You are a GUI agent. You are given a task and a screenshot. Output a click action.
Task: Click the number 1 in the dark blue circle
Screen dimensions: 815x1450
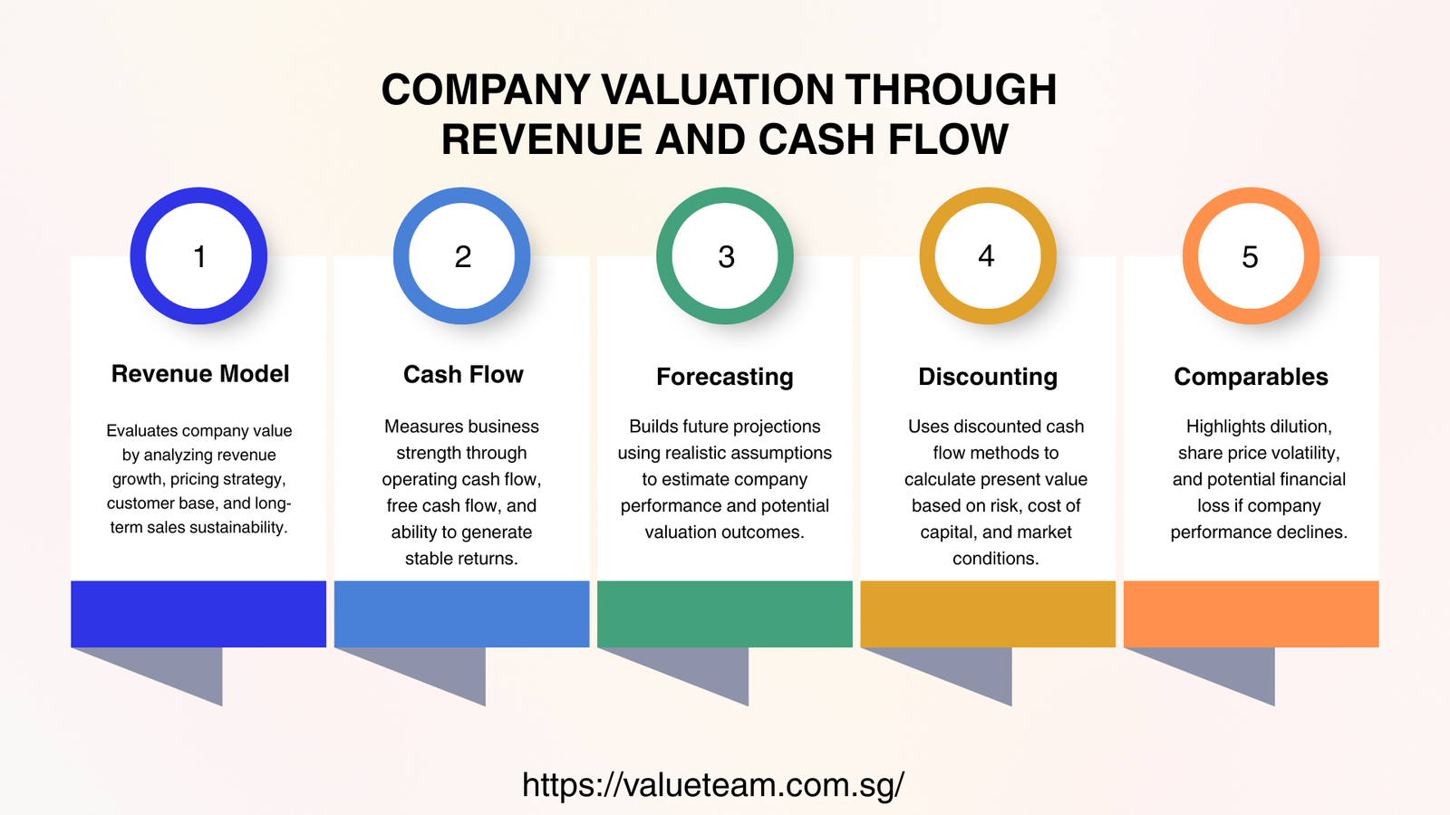pos(199,257)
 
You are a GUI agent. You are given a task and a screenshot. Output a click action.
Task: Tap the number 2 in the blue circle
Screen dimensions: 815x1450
pos(462,257)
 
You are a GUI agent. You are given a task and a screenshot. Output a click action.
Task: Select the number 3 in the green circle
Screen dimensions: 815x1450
pos(726,257)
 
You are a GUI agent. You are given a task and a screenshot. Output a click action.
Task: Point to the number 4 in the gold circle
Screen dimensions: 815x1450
pos(987,256)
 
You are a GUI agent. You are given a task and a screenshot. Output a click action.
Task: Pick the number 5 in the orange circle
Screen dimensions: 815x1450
pos(1251,257)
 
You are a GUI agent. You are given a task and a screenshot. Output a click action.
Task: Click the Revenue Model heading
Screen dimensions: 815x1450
pos(199,374)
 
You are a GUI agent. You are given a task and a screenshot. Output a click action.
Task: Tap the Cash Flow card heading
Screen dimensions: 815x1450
pos(463,375)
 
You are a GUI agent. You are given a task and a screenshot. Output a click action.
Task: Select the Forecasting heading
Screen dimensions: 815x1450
pos(725,377)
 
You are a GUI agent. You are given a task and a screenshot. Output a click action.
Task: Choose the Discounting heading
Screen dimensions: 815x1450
pos(988,377)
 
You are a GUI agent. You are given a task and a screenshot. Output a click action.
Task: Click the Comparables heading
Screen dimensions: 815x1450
pos(1251,377)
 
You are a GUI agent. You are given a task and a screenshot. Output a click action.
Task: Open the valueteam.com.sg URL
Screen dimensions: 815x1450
pos(713,784)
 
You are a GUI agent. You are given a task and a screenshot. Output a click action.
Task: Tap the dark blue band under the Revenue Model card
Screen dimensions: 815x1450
pos(198,614)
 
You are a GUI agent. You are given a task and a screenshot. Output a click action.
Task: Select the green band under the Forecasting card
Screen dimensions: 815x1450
pos(725,614)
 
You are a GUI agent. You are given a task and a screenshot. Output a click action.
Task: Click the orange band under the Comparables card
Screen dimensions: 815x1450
pos(1251,614)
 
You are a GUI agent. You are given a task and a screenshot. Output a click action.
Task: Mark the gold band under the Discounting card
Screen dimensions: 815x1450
pos(988,614)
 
